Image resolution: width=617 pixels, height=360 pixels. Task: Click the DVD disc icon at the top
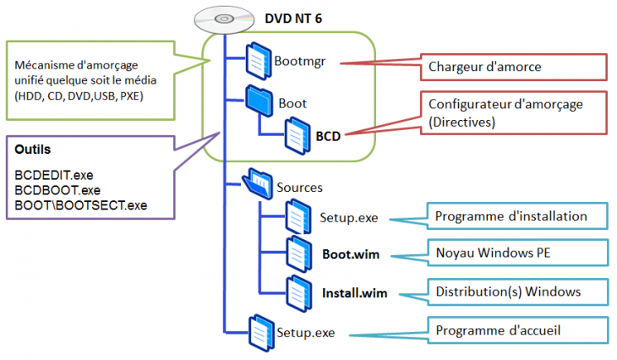(x=214, y=18)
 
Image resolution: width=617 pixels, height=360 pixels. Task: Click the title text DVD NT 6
(x=284, y=17)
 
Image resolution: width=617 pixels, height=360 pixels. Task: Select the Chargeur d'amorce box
(x=514, y=66)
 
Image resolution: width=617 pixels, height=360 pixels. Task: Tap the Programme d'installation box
(x=517, y=216)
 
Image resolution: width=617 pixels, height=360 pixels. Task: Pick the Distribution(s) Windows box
(x=517, y=292)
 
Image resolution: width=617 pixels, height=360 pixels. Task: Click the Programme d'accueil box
(x=517, y=329)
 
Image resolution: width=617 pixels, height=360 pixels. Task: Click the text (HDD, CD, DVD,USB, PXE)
(x=79, y=95)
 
